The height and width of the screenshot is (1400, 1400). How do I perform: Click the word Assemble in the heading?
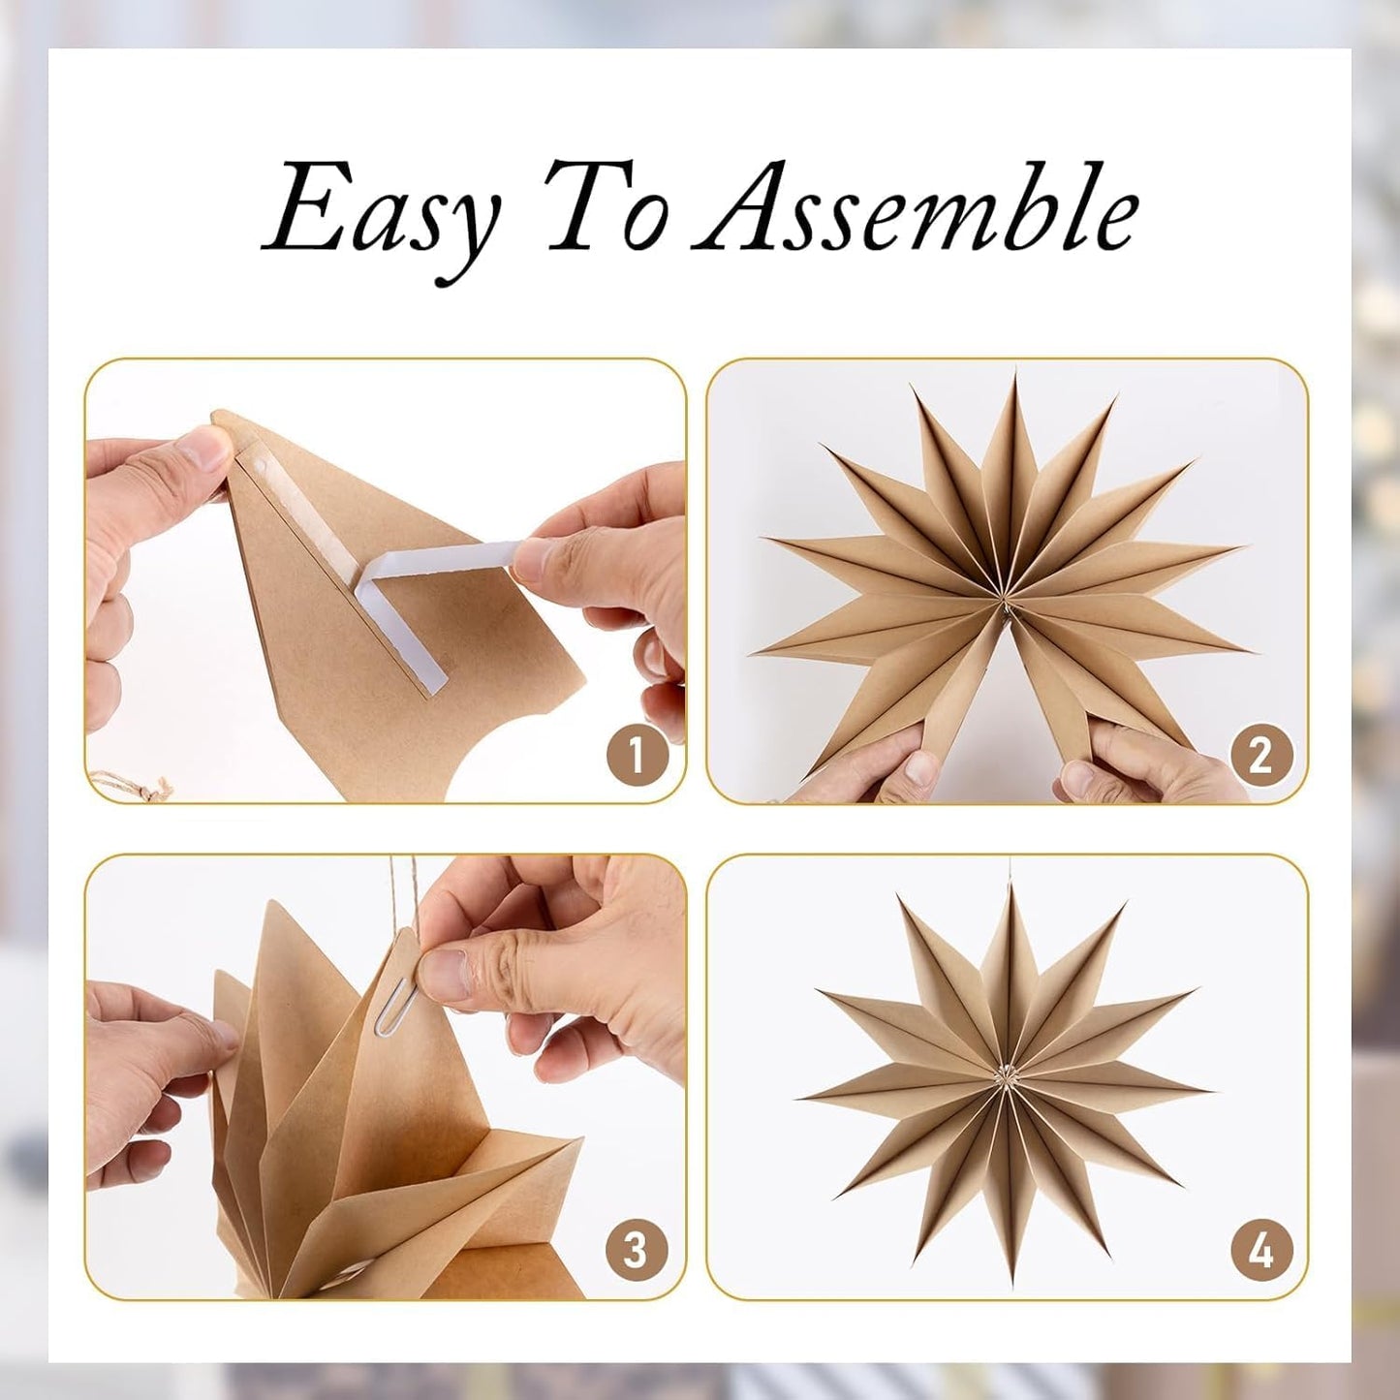[x=916, y=208]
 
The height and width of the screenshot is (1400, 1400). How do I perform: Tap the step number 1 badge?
[x=638, y=755]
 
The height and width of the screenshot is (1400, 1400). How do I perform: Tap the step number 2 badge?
[x=1260, y=755]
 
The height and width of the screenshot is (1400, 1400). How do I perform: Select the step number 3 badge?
[x=636, y=1250]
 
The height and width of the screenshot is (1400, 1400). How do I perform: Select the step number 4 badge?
[x=1260, y=1250]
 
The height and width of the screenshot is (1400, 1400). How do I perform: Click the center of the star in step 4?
[x=1008, y=1075]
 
